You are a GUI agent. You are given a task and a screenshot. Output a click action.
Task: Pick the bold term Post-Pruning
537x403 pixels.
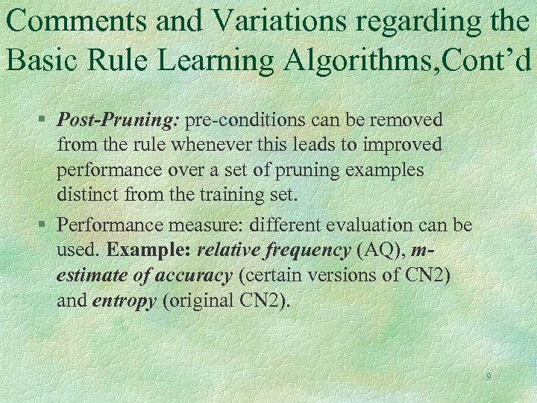(x=119, y=119)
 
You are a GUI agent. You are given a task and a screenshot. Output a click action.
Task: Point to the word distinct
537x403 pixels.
(x=87, y=196)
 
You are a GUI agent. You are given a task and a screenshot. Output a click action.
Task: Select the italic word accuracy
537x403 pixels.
(x=193, y=276)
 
